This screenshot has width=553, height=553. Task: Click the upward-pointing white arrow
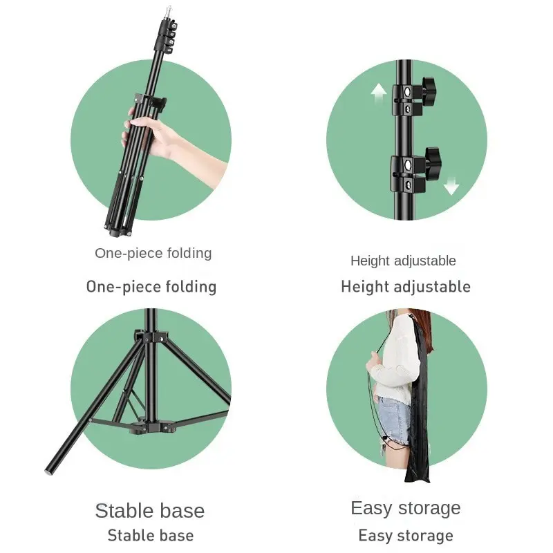click(x=379, y=93)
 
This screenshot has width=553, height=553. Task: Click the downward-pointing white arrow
click(x=451, y=186)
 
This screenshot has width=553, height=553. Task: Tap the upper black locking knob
click(x=429, y=91)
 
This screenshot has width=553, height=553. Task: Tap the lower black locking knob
click(x=433, y=161)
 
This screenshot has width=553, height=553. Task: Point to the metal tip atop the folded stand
click(x=169, y=12)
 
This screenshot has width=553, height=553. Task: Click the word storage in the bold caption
click(x=425, y=535)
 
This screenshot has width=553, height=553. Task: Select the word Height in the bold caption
click(x=366, y=286)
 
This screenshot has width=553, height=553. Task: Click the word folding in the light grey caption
click(x=189, y=253)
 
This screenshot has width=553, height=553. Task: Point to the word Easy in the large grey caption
click(x=371, y=509)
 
